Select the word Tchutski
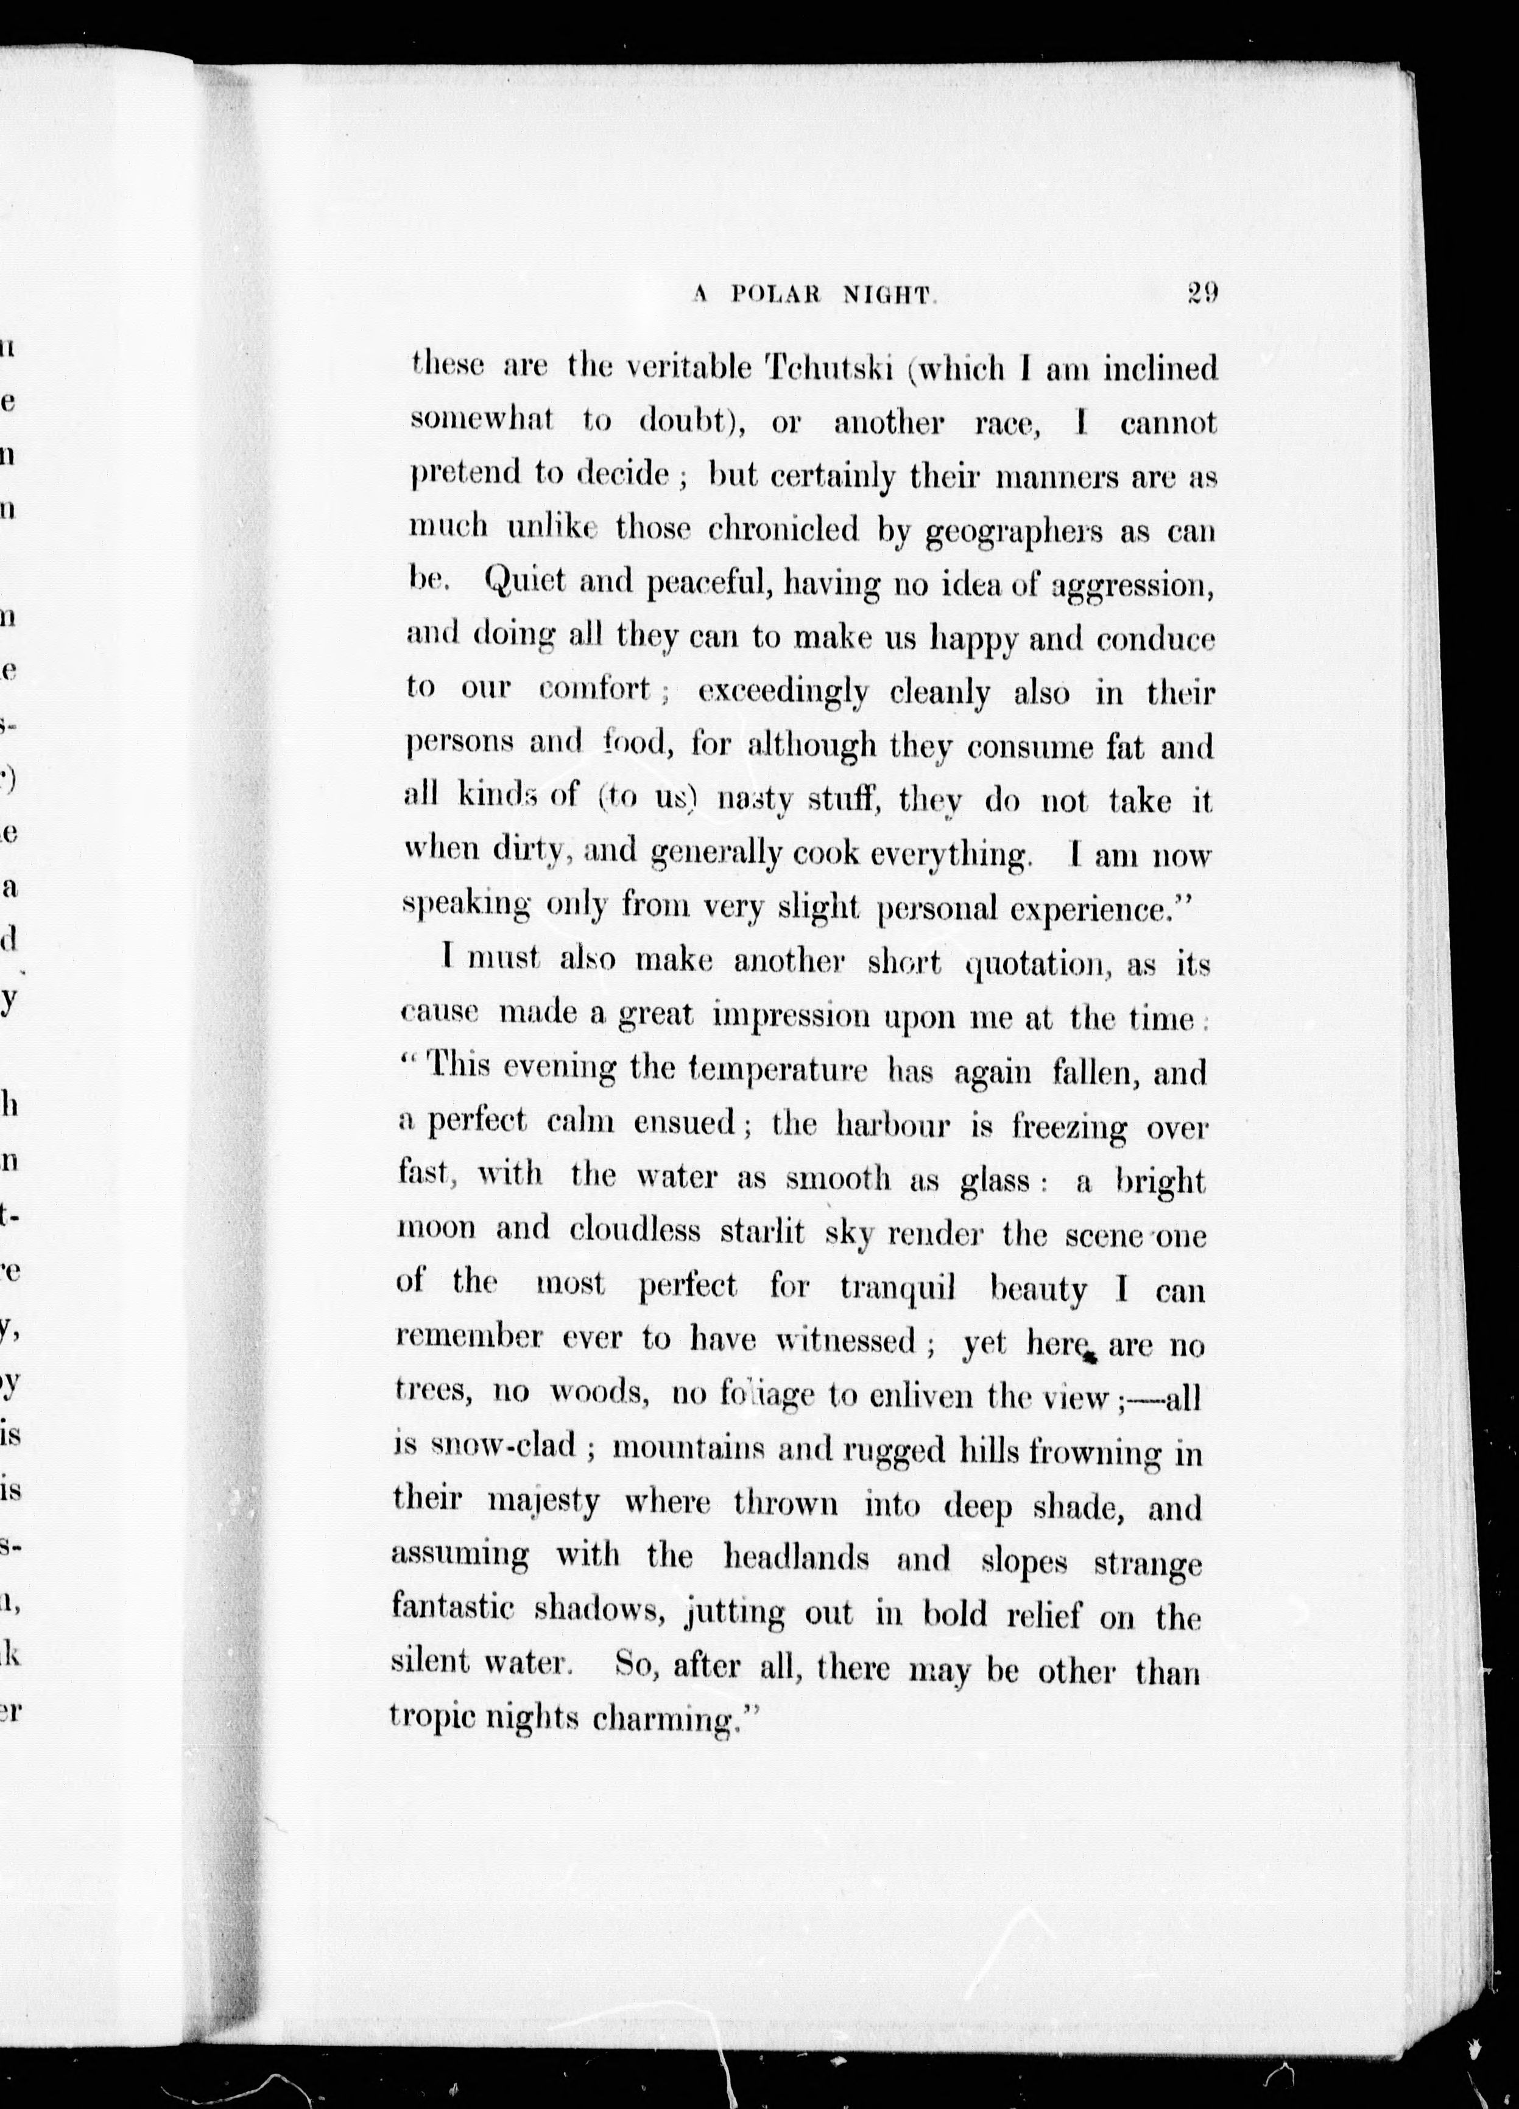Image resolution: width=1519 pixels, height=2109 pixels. (828, 368)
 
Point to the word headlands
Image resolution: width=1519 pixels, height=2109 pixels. (796, 1557)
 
